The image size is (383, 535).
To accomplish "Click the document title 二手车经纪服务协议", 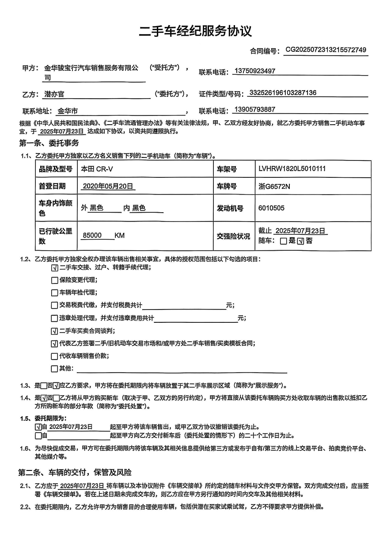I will pyautogui.click(x=195, y=31).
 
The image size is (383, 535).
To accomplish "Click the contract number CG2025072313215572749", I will pyautogui.click(x=326, y=50).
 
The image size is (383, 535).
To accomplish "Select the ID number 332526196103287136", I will pyautogui.click(x=283, y=93).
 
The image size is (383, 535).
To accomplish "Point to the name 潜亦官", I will pyautogui.click(x=54, y=94).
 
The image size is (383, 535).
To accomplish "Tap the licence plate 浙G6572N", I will pyautogui.click(x=274, y=187).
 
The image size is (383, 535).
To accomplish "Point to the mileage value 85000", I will pyautogui.click(x=92, y=236).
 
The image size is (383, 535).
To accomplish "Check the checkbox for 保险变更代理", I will pyautogui.click(x=54, y=280).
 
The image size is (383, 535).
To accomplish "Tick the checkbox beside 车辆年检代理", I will pyautogui.click(x=54, y=293).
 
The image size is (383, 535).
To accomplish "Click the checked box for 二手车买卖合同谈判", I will pyautogui.click(x=54, y=331).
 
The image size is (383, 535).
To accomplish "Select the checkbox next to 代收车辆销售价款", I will pyautogui.click(x=54, y=356).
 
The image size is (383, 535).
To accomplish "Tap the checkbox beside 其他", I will pyautogui.click(x=54, y=369).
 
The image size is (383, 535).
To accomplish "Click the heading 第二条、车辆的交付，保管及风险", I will pyautogui.click(x=75, y=473).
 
